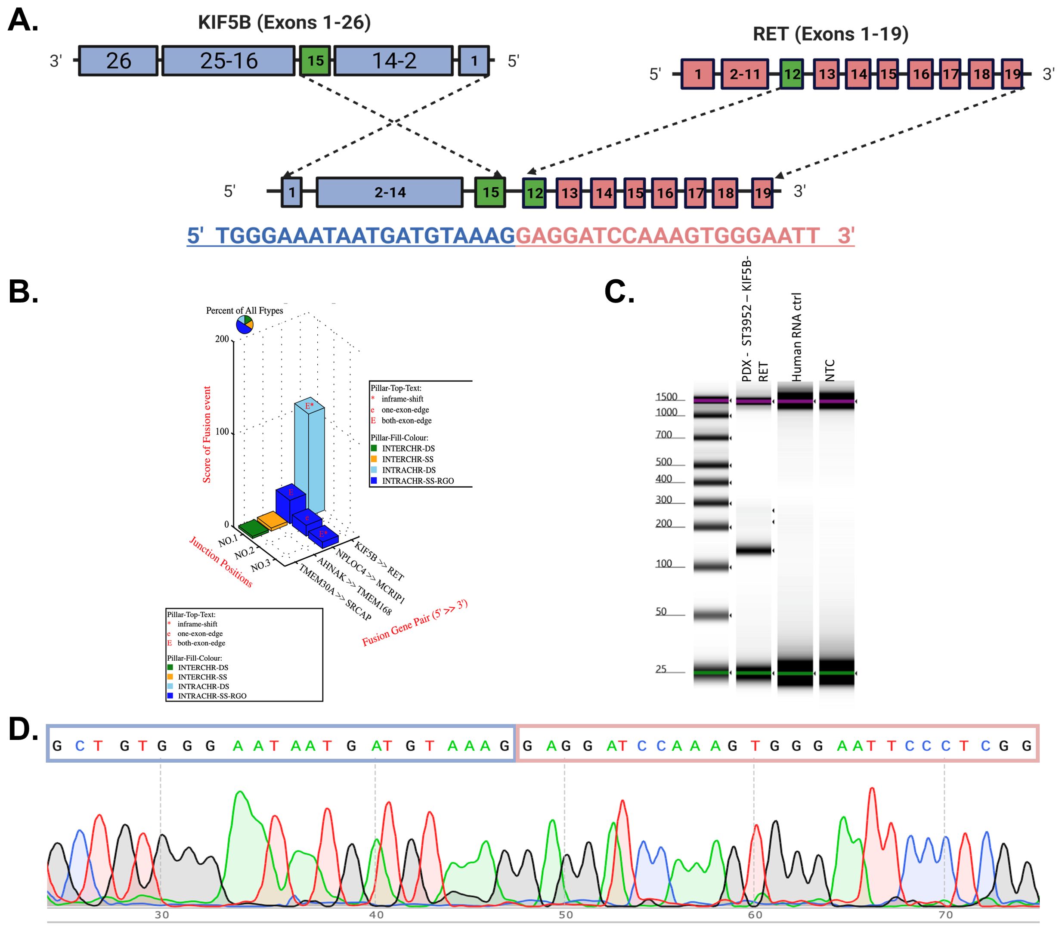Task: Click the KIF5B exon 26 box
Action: [x=118, y=61]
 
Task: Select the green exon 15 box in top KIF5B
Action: [x=315, y=61]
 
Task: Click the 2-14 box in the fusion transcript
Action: [x=389, y=192]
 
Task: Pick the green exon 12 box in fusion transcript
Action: [x=534, y=193]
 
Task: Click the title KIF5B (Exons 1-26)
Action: [x=284, y=22]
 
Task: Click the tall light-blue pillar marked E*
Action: [x=310, y=457]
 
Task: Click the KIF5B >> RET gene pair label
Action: [x=379, y=561]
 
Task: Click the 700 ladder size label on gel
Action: [x=663, y=435]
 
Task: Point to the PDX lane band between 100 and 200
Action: [x=753, y=550]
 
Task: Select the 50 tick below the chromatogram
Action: [x=565, y=914]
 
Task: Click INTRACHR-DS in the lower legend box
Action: [x=203, y=686]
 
